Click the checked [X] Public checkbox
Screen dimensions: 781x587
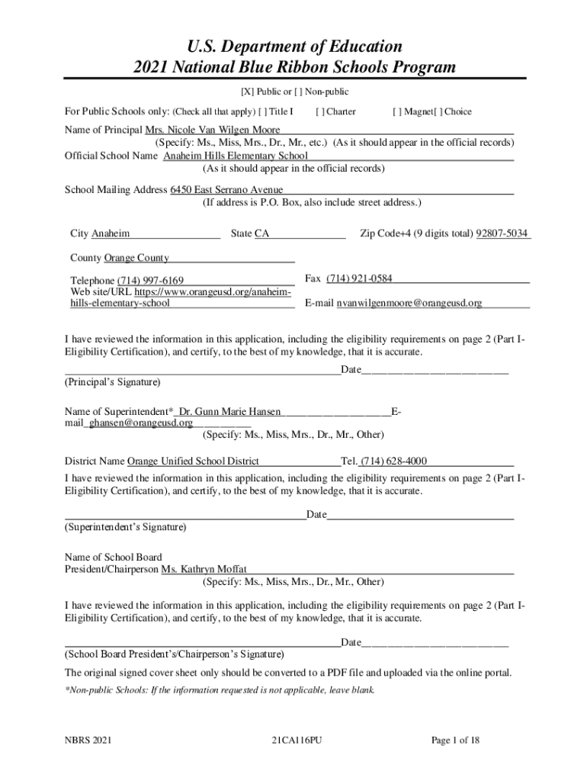pyautogui.click(x=247, y=92)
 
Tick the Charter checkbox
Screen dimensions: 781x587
pyautogui.click(x=320, y=111)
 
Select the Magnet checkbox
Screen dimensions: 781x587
pyautogui.click(x=397, y=111)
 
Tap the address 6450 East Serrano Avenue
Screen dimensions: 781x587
pyautogui.click(x=226, y=189)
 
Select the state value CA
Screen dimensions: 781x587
pyautogui.click(x=261, y=233)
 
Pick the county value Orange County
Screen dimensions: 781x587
pyautogui.click(x=136, y=258)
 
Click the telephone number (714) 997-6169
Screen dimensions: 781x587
pyautogui.click(x=150, y=281)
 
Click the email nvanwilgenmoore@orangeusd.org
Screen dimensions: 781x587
pyautogui.click(x=409, y=303)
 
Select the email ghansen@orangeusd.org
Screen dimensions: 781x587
pyautogui.click(x=141, y=423)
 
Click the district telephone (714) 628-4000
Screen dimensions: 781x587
pyautogui.click(x=394, y=461)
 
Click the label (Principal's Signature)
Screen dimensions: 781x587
pyautogui.click(x=112, y=381)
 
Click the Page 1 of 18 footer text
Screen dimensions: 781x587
pyautogui.click(x=455, y=741)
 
